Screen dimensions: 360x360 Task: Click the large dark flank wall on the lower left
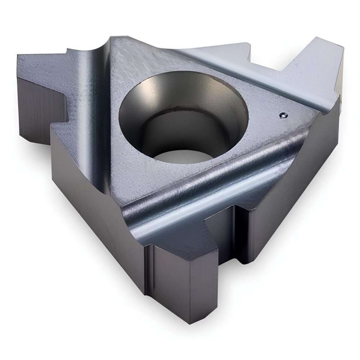(94, 202)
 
